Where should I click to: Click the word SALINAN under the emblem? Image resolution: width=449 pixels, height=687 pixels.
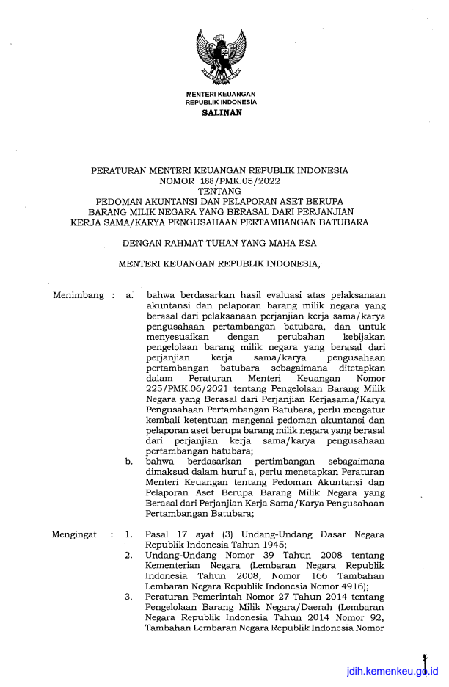coord(220,113)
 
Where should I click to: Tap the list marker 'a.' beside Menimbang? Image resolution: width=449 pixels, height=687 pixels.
coord(129,296)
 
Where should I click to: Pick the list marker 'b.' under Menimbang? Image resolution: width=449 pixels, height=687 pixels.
coord(129,462)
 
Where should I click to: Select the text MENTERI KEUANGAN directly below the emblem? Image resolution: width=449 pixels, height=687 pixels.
coord(220,95)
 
